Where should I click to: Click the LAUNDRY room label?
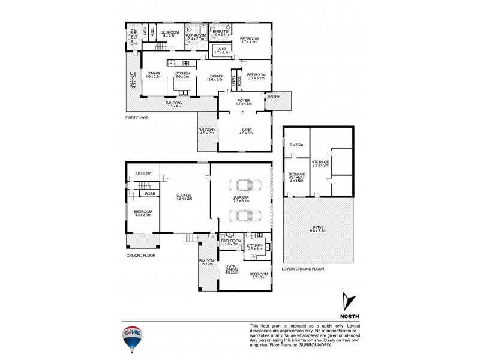[133, 37]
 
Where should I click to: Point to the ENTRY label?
[274, 97]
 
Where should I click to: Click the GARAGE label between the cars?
[242, 199]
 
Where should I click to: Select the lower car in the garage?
[242, 215]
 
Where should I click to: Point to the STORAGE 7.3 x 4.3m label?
[320, 164]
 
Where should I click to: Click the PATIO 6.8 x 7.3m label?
[318, 230]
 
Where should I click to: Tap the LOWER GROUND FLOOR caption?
[303, 269]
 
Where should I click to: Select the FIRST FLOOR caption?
[137, 118]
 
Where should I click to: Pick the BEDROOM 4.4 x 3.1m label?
[143, 213]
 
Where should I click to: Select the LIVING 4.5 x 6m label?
[246, 131]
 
